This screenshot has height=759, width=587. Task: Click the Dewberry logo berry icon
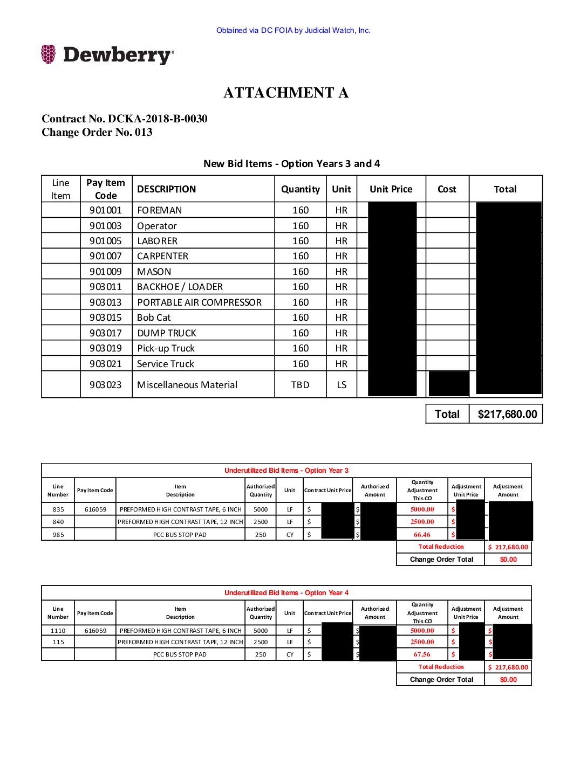pyautogui.click(x=48, y=54)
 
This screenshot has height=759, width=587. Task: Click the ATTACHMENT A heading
pyautogui.click(x=286, y=93)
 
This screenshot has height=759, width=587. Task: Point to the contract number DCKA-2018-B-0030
pyautogui.click(x=157, y=119)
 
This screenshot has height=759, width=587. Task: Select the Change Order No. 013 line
pyautogui.click(x=97, y=133)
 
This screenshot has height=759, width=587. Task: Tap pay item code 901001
pyautogui.click(x=106, y=210)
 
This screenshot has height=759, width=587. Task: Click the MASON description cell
pyautogui.click(x=154, y=272)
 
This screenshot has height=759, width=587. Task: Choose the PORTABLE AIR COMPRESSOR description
pyautogui.click(x=199, y=302)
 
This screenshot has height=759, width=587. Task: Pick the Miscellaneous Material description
pyautogui.click(x=187, y=385)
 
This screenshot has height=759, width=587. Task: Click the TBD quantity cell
pyautogui.click(x=300, y=385)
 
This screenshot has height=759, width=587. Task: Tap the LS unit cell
pyautogui.click(x=342, y=385)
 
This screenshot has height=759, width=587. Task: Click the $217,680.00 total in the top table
pyautogui.click(x=507, y=414)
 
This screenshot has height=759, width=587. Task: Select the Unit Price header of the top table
pyautogui.click(x=391, y=189)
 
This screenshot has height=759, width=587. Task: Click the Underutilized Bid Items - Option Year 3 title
pyautogui.click(x=286, y=471)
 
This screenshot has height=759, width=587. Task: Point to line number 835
pyautogui.click(x=58, y=509)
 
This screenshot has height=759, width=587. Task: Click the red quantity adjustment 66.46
pyautogui.click(x=422, y=535)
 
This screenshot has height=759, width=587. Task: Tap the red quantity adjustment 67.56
pyautogui.click(x=422, y=654)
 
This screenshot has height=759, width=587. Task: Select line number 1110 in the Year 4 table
pyautogui.click(x=58, y=631)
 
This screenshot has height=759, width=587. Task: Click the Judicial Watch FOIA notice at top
pyautogui.click(x=293, y=31)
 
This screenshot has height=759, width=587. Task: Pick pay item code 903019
pyautogui.click(x=106, y=348)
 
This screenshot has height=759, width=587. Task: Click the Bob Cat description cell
pyautogui.click(x=154, y=318)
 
